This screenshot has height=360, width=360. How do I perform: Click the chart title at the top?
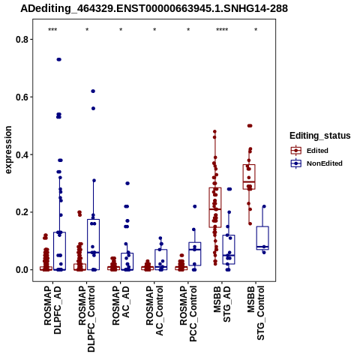[x=154, y=8]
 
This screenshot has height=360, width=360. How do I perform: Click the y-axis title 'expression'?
[x=8, y=150]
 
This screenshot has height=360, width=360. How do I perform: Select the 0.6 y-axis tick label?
[x=21, y=97]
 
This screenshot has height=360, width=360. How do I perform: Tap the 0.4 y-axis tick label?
[x=21, y=154]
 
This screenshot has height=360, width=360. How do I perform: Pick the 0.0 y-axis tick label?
[x=21, y=270]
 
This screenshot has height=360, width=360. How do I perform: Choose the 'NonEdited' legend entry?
[x=316, y=163]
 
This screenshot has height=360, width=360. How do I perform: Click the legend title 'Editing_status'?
[x=320, y=136]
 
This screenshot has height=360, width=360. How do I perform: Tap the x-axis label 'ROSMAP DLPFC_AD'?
[x=52, y=310]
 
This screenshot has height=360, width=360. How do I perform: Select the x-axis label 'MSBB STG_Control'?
[x=256, y=313]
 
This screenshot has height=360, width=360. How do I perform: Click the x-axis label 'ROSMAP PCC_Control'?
[x=188, y=313]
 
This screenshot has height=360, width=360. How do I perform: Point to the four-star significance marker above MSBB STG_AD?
[x=222, y=30]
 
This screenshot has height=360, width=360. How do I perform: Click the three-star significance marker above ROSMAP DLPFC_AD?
[x=52, y=30]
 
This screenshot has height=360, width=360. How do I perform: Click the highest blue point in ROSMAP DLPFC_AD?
[x=59, y=59]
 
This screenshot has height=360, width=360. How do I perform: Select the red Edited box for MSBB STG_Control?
[x=249, y=177]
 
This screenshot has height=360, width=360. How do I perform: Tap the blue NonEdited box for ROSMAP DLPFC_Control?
[x=94, y=244]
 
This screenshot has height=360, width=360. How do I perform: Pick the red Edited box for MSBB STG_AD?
[x=215, y=208]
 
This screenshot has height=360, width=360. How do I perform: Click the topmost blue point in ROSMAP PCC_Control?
[x=195, y=206]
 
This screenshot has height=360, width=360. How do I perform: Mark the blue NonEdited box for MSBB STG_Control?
[x=262, y=238]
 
